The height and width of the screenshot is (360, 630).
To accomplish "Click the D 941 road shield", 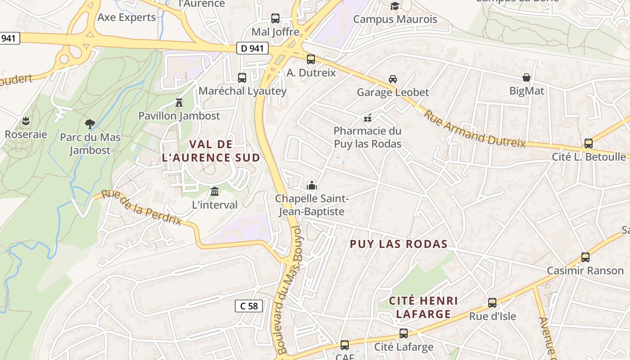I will [252, 48].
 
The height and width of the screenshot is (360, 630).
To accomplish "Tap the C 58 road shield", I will [249, 306].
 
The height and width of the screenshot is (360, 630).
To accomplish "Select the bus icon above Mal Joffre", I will [275, 18].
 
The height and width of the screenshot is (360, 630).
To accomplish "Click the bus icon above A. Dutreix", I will [311, 59].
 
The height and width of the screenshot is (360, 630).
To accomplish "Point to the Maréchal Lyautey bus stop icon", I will [242, 77].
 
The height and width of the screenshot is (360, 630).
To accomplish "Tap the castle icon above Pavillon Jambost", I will [179, 102].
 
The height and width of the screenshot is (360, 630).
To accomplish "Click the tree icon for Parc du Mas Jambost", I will [90, 124].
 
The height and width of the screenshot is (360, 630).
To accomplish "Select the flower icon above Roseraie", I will [26, 121].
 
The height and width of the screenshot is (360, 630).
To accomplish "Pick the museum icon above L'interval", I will [215, 191].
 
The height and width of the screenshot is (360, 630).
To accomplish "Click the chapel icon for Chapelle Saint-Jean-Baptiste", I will [311, 185].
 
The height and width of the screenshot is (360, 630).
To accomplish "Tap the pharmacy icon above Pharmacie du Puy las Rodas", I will [368, 118].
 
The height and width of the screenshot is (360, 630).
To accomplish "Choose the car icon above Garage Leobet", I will [393, 79].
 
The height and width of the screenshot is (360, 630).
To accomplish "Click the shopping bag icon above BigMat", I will [526, 77].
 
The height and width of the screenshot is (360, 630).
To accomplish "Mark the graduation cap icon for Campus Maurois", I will [395, 6].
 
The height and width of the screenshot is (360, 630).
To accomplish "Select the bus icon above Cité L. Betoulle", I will [589, 144].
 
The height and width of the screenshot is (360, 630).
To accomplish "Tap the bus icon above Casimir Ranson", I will [585, 257].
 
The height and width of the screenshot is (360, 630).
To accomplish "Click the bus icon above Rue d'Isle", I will [492, 303].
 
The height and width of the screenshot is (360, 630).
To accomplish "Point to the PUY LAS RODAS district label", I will [399, 244].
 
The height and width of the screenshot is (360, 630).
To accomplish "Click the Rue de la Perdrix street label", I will [141, 207].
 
